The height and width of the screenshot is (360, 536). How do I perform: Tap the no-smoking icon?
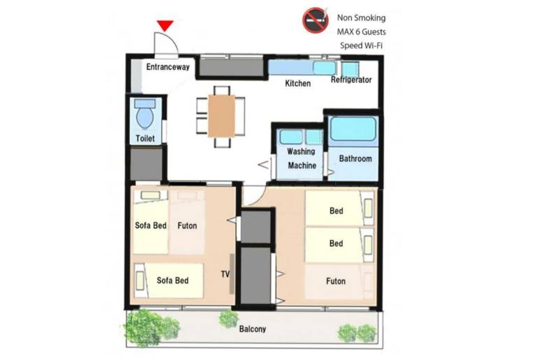[315, 20]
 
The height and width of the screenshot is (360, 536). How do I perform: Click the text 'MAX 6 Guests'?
[362, 32]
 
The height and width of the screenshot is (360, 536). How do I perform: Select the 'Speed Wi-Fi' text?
[362, 45]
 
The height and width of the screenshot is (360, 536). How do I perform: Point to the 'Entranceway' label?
[167, 67]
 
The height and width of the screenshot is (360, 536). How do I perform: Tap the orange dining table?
[221, 116]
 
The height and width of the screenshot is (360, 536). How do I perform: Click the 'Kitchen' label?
[298, 83]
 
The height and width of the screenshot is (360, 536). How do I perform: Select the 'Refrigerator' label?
[351, 80]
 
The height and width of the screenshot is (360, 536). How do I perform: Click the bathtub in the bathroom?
[353, 129]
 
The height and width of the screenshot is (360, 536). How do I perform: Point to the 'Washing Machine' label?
[301, 158]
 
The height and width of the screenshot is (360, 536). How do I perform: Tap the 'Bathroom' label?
[355, 158]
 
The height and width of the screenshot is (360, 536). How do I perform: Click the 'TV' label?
[225, 274]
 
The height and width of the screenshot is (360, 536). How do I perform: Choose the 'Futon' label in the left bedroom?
[187, 226]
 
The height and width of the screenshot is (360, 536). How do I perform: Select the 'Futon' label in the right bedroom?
[336, 281]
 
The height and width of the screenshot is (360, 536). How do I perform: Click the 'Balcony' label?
[252, 329]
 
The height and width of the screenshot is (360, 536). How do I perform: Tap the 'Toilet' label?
[145, 139]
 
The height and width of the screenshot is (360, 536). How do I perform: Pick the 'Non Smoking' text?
[362, 17]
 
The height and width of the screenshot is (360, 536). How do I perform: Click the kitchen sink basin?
[325, 68]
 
